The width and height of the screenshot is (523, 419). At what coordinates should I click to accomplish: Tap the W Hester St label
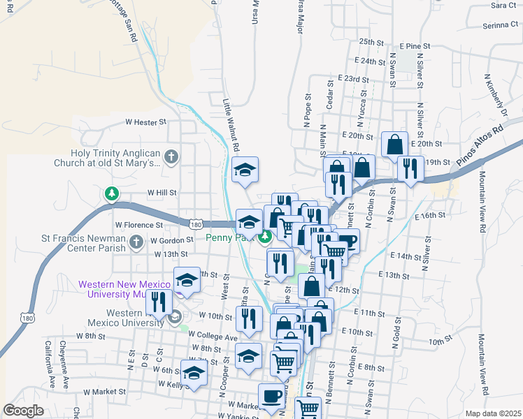coord(146,122)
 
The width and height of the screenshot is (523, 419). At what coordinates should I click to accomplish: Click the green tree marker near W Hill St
coord(110,193)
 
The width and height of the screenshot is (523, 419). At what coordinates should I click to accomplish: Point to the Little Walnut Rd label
coord(231,126)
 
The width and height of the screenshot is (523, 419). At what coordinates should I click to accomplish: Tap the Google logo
coord(23,411)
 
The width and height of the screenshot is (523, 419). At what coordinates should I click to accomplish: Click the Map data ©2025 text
coord(493,413)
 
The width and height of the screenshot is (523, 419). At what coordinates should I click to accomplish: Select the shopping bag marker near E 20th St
coord(395,145)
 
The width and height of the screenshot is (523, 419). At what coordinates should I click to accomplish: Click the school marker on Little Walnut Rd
coord(245,170)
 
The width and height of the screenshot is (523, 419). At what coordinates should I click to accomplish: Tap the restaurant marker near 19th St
coord(409,168)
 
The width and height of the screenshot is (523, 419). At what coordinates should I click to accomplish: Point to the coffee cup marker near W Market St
coord(271,396)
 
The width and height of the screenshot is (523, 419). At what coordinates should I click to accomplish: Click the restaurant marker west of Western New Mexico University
coord(159,302)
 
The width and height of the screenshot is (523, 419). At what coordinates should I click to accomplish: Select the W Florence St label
coord(139,226)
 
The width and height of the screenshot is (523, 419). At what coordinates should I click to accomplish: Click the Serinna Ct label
coord(499,25)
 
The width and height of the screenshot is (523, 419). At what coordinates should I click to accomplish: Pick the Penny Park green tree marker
coord(265,237)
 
